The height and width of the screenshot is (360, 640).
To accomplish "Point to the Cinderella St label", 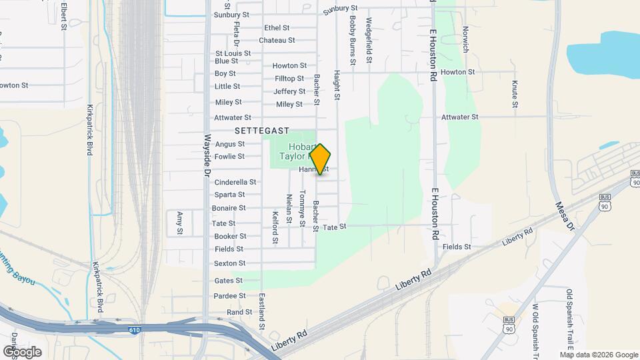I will click(235, 182).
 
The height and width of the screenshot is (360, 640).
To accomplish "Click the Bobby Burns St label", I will click(353, 39).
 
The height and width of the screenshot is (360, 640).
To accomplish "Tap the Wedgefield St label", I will click(369, 41).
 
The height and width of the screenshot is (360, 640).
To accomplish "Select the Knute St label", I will click(515, 93).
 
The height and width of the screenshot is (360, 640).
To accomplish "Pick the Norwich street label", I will click(466, 39).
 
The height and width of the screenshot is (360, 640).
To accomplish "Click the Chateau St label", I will click(277, 40).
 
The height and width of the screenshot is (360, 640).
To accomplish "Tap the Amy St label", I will click(180, 223).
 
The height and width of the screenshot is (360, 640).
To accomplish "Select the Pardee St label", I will click(229, 296).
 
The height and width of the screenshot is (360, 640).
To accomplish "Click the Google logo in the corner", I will click(22, 351).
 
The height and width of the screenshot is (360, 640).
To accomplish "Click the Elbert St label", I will click(65, 16).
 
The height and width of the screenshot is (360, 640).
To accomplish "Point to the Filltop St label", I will click(289, 79).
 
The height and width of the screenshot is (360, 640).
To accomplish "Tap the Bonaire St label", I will click(229, 209).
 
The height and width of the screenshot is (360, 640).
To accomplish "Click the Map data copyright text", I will click(599, 355).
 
